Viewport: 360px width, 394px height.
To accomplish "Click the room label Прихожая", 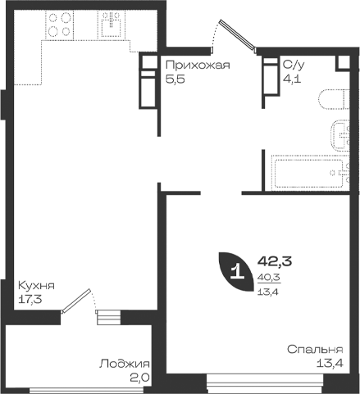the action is (x=198, y=66).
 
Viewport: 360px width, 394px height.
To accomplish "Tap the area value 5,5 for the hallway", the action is (x=175, y=79).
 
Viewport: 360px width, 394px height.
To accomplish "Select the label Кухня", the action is (x=36, y=286).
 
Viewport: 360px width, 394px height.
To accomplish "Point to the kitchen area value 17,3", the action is (x=30, y=300).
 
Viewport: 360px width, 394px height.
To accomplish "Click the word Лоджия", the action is (x=125, y=364).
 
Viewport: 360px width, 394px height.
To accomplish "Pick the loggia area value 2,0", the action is (x=139, y=378).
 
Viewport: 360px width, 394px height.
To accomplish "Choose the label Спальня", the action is (x=315, y=350).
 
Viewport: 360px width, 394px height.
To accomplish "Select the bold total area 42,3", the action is (x=275, y=261).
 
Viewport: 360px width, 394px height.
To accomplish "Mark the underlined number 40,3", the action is (x=269, y=278).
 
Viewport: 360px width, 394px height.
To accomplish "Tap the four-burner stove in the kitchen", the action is (x=60, y=25).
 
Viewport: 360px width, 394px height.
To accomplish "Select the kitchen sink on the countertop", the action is (x=112, y=25).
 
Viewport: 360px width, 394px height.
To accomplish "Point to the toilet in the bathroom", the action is (x=334, y=99).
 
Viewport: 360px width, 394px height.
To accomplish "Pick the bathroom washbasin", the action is (x=340, y=135).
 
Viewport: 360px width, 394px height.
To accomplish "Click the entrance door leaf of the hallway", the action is (x=238, y=35).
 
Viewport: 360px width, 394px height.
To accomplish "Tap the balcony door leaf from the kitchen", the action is (x=75, y=301).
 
